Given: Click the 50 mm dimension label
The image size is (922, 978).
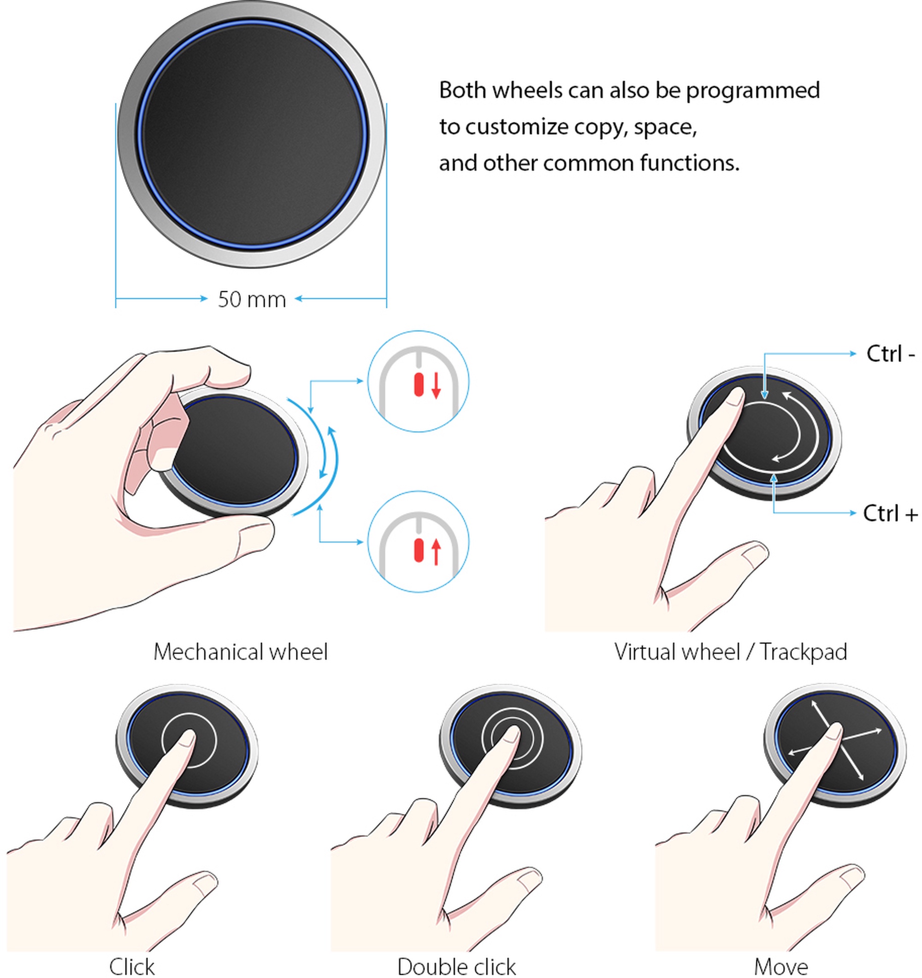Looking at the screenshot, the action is pyautogui.click(x=252, y=299).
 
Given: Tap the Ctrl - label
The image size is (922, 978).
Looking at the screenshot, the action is pyautogui.click(x=891, y=354).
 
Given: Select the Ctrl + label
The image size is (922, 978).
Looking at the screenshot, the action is pyautogui.click(x=891, y=513).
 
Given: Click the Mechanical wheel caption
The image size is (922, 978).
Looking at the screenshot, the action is pyautogui.click(x=240, y=652).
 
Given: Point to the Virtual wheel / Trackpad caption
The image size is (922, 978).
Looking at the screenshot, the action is pyautogui.click(x=731, y=652).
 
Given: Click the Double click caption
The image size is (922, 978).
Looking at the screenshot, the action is pyautogui.click(x=456, y=966).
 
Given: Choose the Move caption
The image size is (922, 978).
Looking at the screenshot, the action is pyautogui.click(x=781, y=966).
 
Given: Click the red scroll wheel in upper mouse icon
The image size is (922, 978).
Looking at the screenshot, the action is pyautogui.click(x=419, y=385).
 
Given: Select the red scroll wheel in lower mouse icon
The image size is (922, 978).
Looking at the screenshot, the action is pyautogui.click(x=419, y=550).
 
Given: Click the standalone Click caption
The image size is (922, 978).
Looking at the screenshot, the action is pyautogui.click(x=132, y=966).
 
